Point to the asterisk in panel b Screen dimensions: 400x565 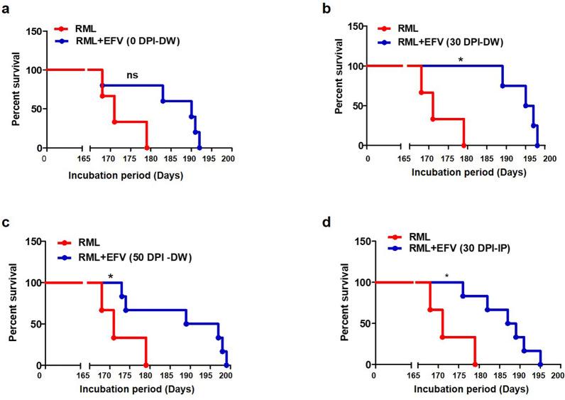click(461, 60)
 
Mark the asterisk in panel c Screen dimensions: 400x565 click(110, 276)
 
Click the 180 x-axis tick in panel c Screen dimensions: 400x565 click(145, 376)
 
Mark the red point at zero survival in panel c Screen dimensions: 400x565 click(146, 364)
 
